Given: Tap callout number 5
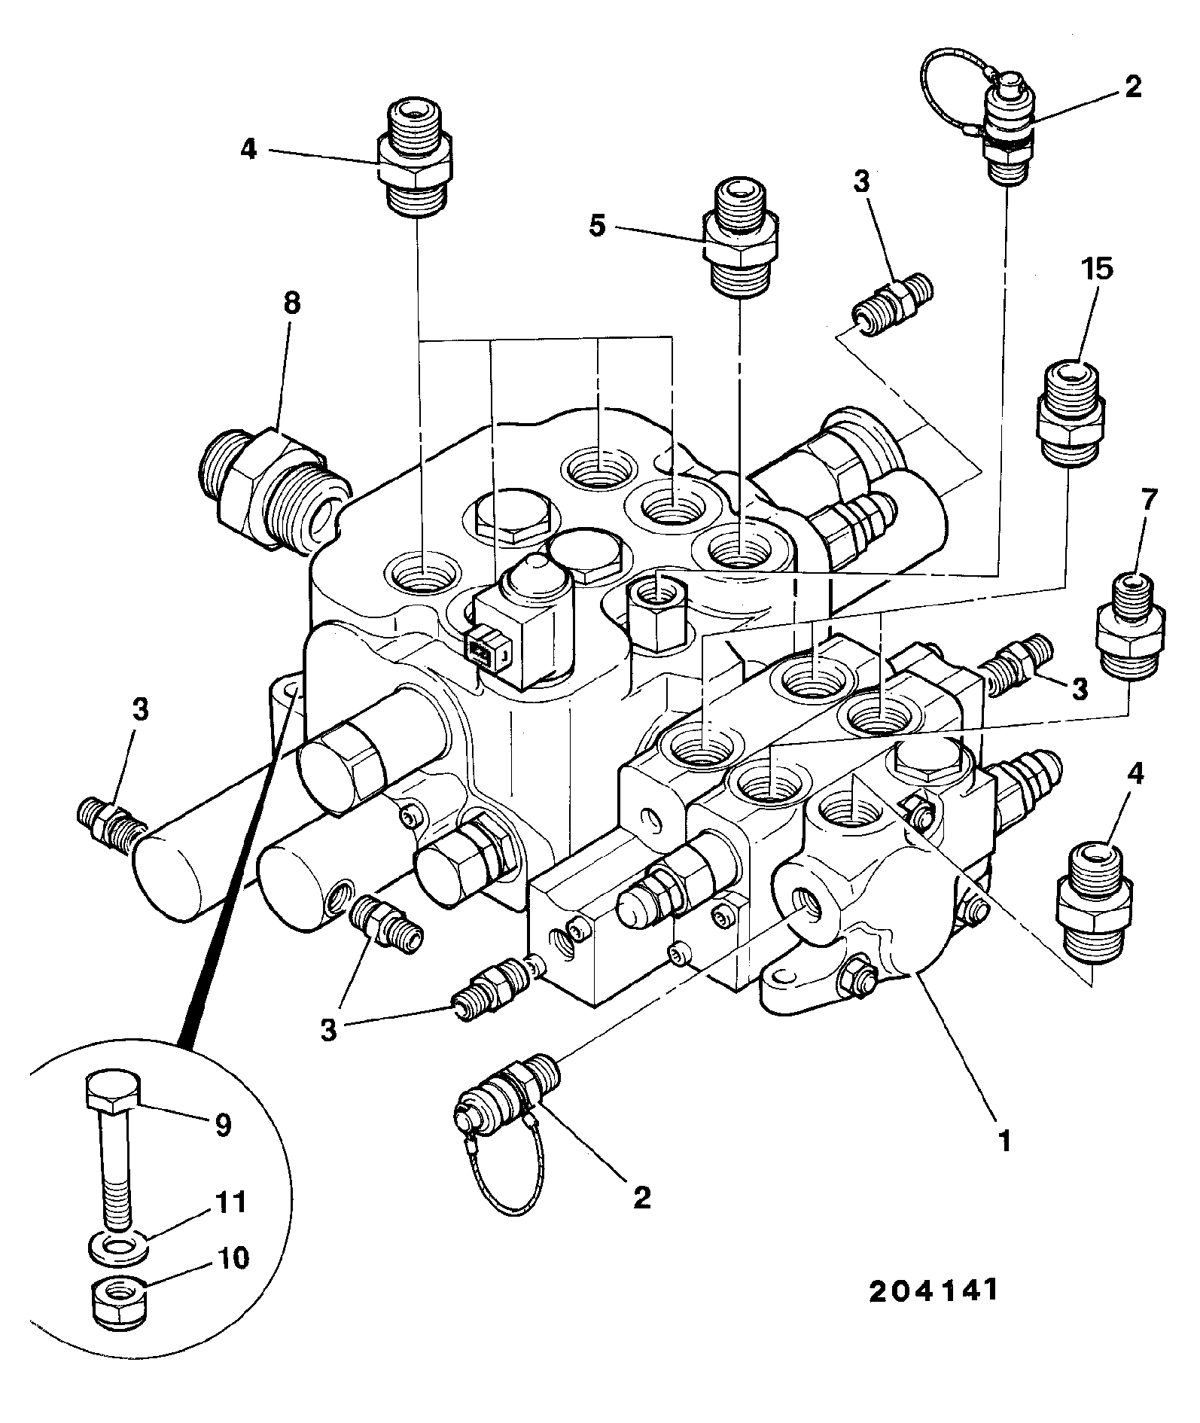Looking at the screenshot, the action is click(x=597, y=227).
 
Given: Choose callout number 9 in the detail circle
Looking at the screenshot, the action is click(x=222, y=1125).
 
